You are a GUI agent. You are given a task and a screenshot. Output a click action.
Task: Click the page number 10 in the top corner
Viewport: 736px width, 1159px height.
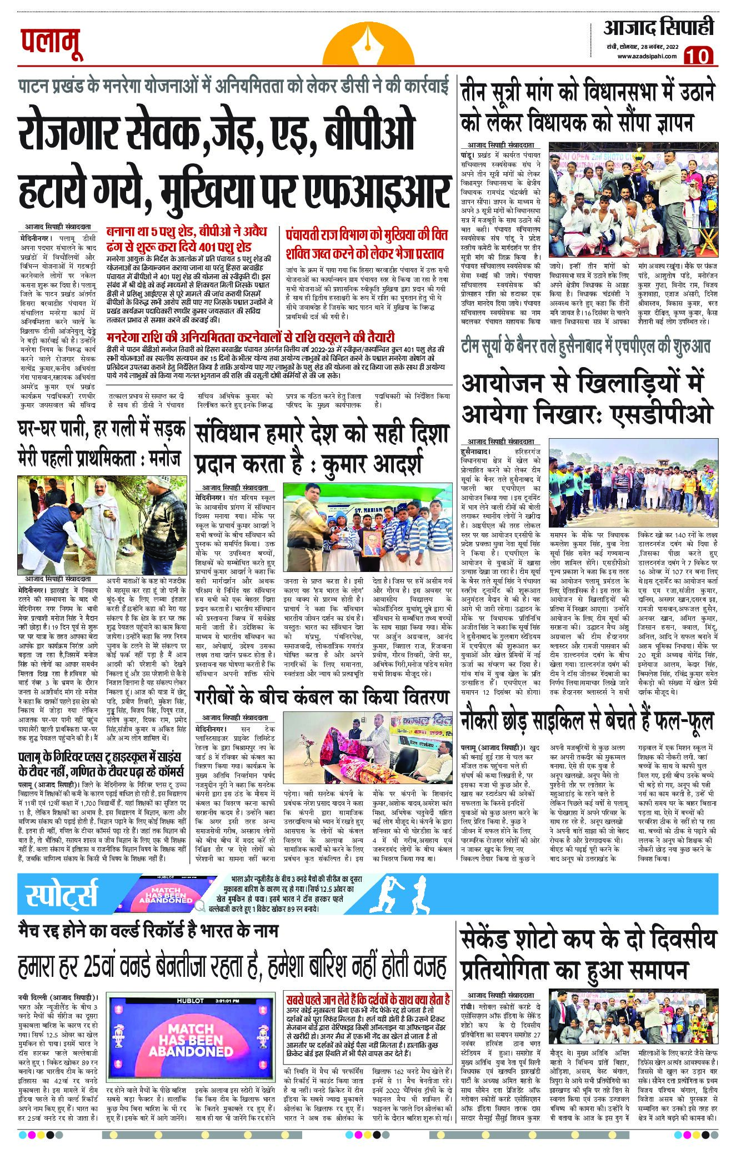699,56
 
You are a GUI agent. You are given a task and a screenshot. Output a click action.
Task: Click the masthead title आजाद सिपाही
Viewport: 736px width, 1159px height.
659,27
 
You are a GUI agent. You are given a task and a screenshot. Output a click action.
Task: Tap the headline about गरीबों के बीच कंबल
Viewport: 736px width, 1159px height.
322,698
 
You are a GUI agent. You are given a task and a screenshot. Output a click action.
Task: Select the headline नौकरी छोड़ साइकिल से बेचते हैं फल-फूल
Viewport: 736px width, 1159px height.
587,720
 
